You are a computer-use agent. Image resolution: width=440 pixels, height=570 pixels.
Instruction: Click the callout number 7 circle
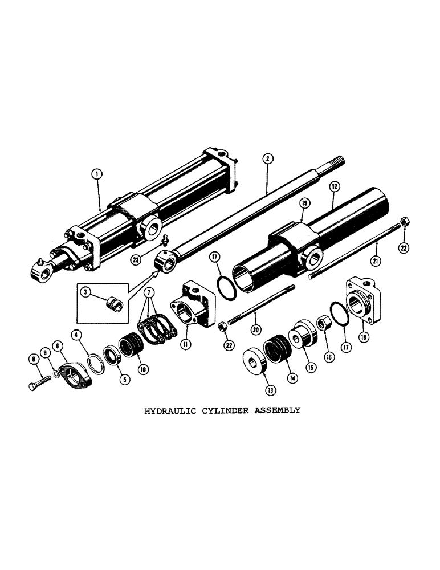point(150,292)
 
